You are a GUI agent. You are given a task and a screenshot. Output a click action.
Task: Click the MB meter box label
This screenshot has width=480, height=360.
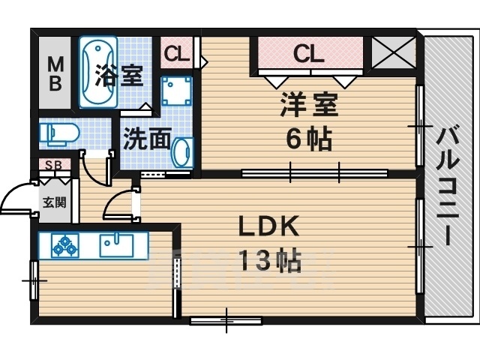click(55, 74)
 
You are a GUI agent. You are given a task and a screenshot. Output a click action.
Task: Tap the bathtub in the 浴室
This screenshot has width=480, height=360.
click(98, 72)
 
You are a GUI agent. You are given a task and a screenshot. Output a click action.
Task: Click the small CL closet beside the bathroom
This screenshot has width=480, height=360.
click(177, 53)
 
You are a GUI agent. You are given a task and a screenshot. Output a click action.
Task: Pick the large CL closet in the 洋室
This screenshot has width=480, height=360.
click(310, 53)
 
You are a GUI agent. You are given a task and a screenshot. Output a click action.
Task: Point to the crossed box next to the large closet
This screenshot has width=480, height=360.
click(393, 52)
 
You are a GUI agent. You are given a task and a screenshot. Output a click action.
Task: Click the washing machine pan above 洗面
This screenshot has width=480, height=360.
click(177, 91)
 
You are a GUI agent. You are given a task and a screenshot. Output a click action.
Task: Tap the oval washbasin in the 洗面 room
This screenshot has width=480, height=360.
click(183, 152)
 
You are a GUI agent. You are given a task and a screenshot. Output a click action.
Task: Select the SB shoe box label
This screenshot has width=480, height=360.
click(54, 165)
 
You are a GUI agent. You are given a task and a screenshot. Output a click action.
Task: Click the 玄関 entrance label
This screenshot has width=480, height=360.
click(55, 202)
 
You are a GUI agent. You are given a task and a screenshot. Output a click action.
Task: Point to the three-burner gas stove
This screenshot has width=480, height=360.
click(65, 245)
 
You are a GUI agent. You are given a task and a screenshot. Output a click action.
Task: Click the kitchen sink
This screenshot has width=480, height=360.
click(116, 245)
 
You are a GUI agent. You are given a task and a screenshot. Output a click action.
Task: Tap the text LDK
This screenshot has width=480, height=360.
click(268, 226)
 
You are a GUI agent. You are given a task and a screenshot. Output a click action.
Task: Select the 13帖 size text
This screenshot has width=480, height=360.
click(269, 261)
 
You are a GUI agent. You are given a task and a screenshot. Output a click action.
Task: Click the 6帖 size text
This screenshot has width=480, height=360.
click(309, 139)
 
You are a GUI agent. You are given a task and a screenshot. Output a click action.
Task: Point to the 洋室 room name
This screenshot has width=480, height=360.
click(309, 105)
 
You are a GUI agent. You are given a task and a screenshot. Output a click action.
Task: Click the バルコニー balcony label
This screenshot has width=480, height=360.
click(448, 187)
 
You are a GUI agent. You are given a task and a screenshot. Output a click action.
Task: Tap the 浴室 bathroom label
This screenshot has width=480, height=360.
click(118, 75)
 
